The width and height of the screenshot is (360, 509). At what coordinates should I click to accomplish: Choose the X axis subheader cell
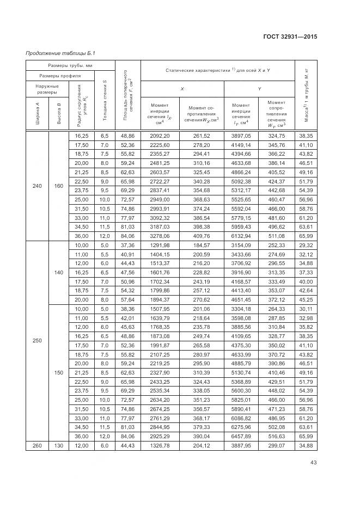tap(182, 89)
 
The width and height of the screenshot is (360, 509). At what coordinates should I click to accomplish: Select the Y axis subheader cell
tap(259, 89)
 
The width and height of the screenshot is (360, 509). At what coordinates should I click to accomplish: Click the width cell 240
tap(37, 186)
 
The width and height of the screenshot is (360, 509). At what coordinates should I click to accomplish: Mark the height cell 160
tap(59, 186)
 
